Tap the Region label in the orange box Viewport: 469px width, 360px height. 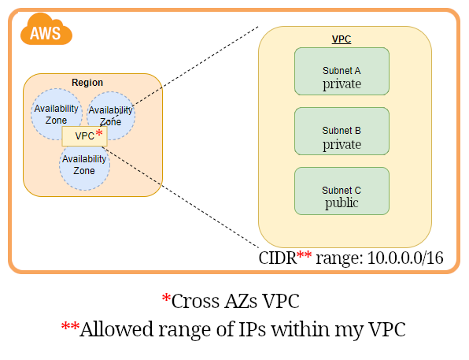(87, 83)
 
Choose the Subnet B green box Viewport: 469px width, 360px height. (342, 131)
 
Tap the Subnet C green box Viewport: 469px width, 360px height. (342, 190)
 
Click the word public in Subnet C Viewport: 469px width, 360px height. (342, 202)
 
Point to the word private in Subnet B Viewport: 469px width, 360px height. (342, 144)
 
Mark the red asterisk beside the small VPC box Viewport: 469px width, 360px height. (99, 134)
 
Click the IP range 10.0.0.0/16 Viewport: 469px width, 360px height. (406, 258)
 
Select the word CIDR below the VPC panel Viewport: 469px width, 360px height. (277, 258)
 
